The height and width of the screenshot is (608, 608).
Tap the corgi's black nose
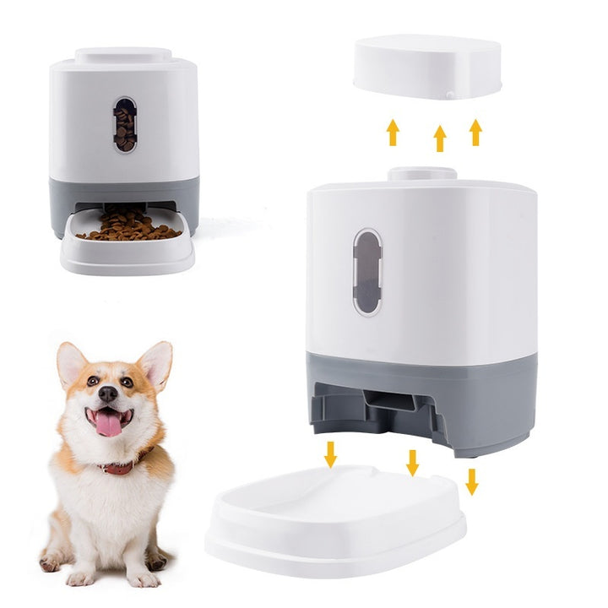pos(107,394)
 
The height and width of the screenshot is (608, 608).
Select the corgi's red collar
pos(118,467)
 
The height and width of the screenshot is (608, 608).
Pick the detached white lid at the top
pos(426,66)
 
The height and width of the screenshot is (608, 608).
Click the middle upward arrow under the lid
pos(439,138)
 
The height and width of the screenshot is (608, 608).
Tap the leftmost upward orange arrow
pos(393,132)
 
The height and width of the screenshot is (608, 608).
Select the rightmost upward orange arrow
pos(475,132)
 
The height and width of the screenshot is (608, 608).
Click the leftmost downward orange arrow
pos(330,454)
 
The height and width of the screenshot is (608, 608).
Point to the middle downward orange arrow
pos(412,462)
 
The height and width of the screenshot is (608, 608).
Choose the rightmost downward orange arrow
pos(471,481)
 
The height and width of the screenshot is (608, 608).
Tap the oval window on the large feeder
pos(367,272)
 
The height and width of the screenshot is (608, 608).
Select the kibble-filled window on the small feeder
pos(125,124)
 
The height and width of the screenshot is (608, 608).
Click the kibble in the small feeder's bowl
pos(128,226)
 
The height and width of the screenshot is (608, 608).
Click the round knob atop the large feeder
pos(422,174)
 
